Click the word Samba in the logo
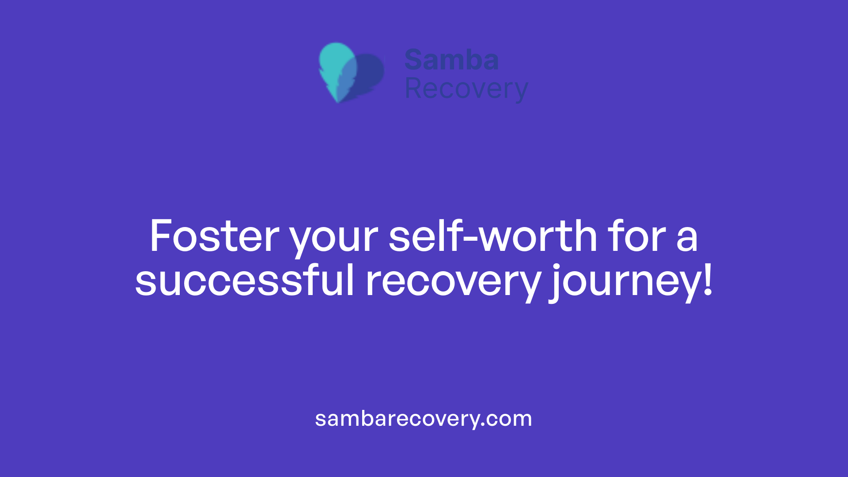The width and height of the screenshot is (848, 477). (x=451, y=60)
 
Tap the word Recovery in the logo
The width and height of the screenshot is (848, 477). (x=466, y=89)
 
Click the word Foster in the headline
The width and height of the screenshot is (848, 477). (x=215, y=237)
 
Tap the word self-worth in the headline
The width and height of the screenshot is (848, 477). (x=493, y=237)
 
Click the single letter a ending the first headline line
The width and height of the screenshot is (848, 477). (x=687, y=240)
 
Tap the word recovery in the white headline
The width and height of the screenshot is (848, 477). (x=453, y=283)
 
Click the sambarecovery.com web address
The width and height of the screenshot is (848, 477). (x=424, y=418)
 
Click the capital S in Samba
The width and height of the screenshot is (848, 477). (x=414, y=60)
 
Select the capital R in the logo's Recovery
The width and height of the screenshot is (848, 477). (x=413, y=89)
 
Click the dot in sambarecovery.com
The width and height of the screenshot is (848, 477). (x=483, y=425)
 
